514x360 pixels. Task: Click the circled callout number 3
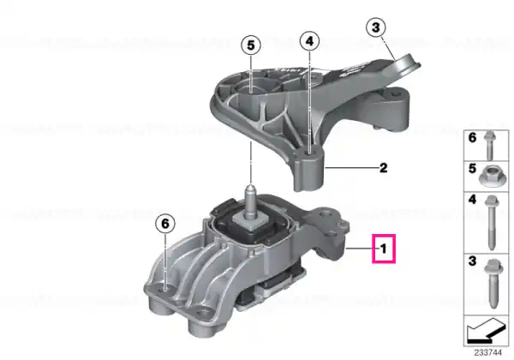tap(376, 27)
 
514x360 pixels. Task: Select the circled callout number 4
tap(309, 41)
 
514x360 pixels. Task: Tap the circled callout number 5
tap(251, 45)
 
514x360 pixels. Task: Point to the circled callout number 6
tap(165, 224)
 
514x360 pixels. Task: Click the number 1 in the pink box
tap(384, 249)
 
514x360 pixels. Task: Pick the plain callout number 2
tap(383, 168)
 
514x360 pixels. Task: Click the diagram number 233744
tap(487, 353)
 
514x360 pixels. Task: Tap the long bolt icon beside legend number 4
tap(492, 223)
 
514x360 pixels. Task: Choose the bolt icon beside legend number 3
tap(493, 284)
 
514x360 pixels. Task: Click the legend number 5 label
tap(472, 169)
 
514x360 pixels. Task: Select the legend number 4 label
tap(472, 200)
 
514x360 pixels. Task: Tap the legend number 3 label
tap(472, 261)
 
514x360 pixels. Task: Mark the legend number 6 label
tap(472, 137)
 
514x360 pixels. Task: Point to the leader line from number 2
tap(351, 168)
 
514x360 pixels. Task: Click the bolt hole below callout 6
tap(164, 289)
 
